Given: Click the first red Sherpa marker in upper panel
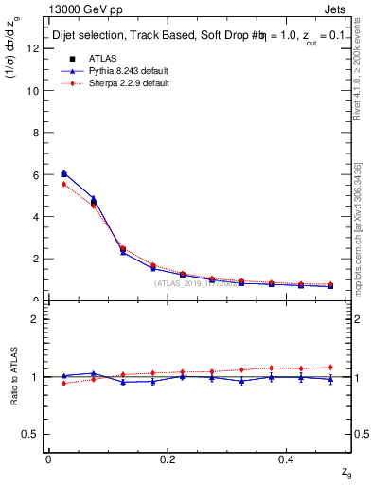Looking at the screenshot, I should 63,184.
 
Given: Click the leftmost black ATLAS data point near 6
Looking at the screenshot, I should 63,173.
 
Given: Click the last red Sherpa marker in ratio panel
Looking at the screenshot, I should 330,368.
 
